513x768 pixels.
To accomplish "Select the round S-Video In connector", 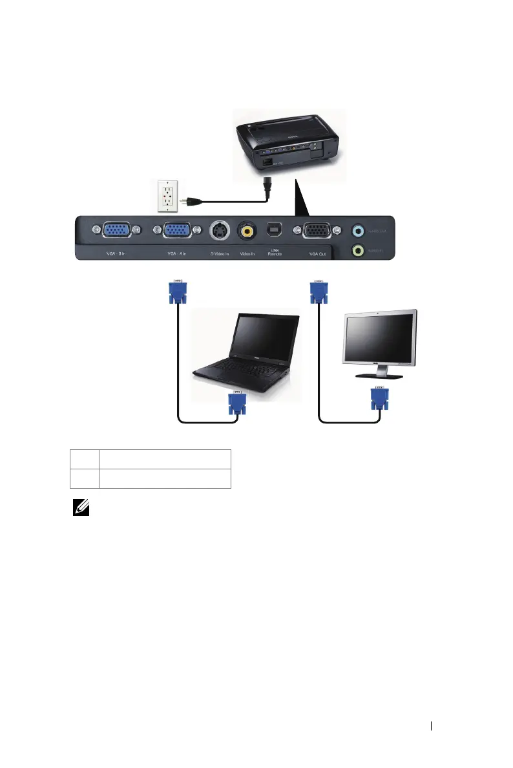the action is pos(220,230).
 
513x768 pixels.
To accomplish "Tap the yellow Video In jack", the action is pos(246,229).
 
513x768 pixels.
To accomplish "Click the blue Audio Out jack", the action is pos(357,229).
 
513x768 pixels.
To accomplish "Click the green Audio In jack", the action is pos(357,250).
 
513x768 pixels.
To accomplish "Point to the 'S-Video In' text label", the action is pos(219,254).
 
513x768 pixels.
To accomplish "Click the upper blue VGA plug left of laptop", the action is pos(177,292).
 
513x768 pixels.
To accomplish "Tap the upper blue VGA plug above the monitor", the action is pos(318,292).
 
